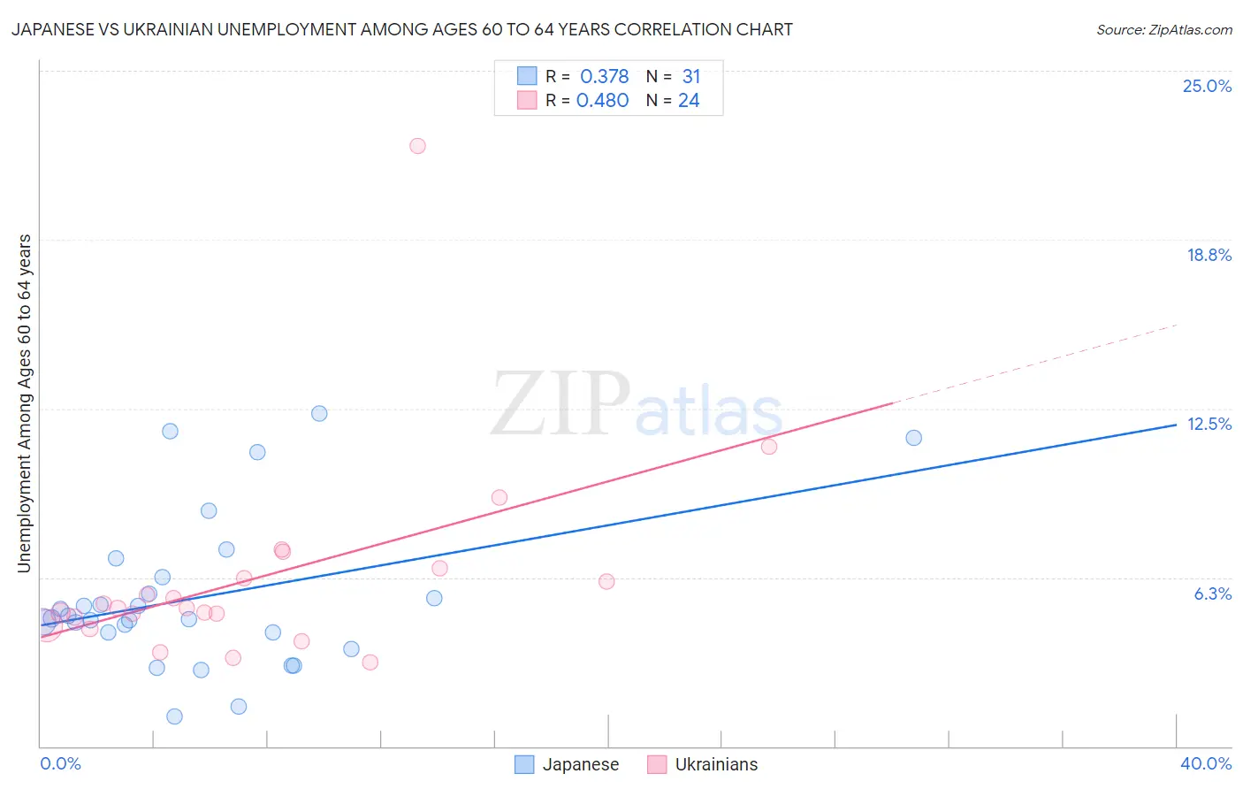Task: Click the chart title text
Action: pyautogui.click(x=402, y=29)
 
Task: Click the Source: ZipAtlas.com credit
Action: pyautogui.click(x=1163, y=29)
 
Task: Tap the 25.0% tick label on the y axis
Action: pyautogui.click(x=1207, y=86)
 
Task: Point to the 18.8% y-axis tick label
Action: pyautogui.click(x=1209, y=255)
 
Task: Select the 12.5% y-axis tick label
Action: pyautogui.click(x=1209, y=424)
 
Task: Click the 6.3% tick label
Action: pyautogui.click(x=1212, y=594)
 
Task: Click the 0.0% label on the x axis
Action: pyautogui.click(x=60, y=763)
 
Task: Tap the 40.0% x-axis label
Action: pyautogui.click(x=1205, y=763)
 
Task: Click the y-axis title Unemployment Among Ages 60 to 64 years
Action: pyautogui.click(x=25, y=403)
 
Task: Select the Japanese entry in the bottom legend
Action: pyautogui.click(x=579, y=764)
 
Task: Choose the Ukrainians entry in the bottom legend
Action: pyautogui.click(x=715, y=764)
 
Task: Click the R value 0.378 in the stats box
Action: pyautogui.click(x=604, y=76)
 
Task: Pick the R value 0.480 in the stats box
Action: pyautogui.click(x=602, y=100)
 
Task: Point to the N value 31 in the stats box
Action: pyautogui.click(x=690, y=76)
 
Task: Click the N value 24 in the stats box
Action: pyautogui.click(x=689, y=100)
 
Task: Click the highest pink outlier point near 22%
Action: pyautogui.click(x=417, y=146)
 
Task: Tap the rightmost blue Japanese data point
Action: pyautogui.click(x=913, y=438)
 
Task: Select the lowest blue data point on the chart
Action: pyautogui.click(x=174, y=716)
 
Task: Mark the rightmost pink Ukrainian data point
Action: pyautogui.click(x=769, y=447)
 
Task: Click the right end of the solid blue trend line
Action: pyautogui.click(x=1176, y=425)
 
